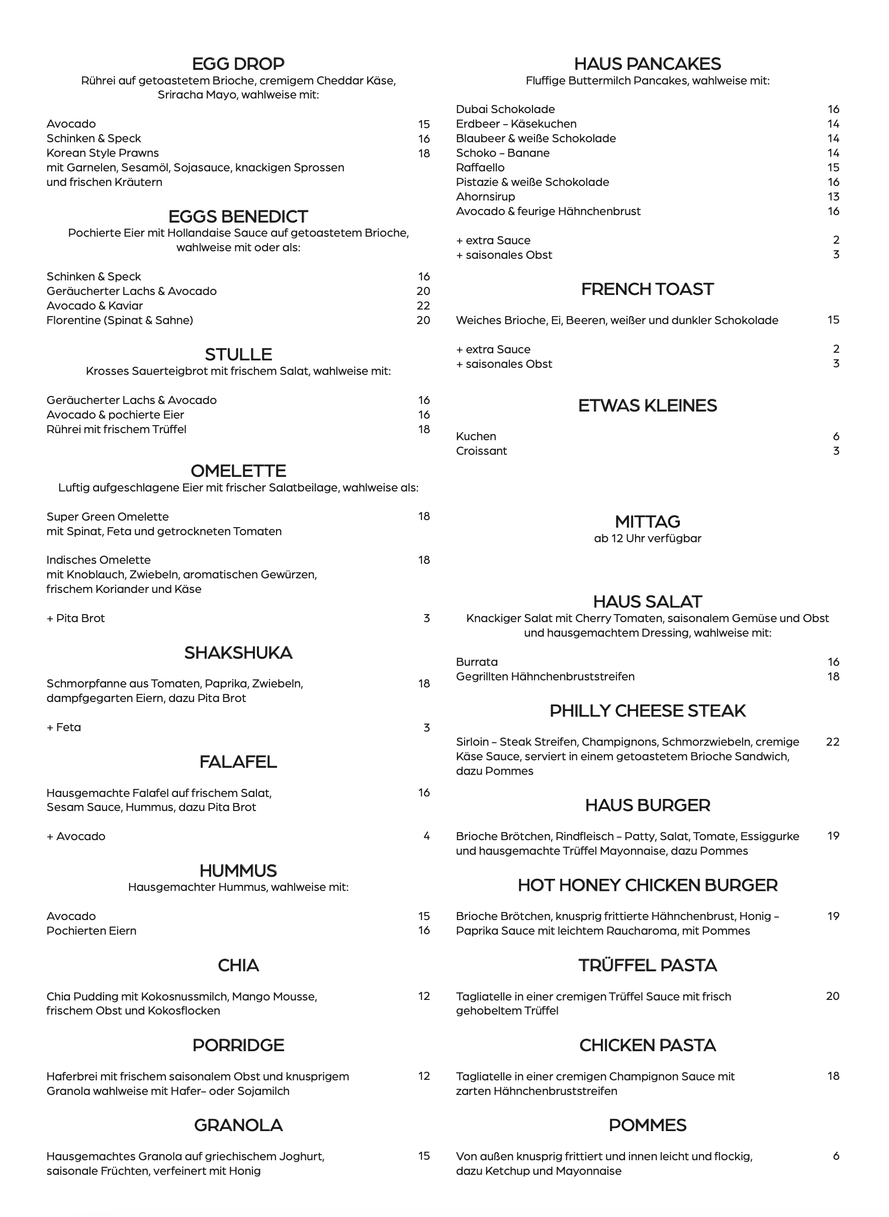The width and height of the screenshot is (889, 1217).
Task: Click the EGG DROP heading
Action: (238, 64)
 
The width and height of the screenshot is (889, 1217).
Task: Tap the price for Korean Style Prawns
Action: (424, 153)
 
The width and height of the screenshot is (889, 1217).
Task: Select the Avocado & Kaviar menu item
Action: (95, 306)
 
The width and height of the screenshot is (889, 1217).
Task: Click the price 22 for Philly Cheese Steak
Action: (833, 742)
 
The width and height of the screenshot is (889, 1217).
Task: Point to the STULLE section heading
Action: (238, 354)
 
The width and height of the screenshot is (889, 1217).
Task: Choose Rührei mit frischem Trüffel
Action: (116, 429)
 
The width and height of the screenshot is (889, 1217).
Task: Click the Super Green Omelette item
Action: (108, 516)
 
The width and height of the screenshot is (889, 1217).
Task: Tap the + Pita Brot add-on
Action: (75, 618)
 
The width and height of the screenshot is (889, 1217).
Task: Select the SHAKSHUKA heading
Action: (238, 652)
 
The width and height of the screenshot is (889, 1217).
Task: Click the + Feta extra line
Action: (63, 727)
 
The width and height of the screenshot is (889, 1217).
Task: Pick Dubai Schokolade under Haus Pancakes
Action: (505, 109)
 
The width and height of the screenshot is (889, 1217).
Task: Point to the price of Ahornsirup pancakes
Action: (834, 196)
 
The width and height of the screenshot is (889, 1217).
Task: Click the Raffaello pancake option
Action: (480, 167)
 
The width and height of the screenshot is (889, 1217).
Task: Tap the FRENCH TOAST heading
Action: (647, 289)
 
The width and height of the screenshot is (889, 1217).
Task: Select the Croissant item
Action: (481, 451)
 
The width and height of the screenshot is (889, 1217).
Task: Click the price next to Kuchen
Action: (836, 436)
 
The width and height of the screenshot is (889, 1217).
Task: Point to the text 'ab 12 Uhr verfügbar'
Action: (647, 538)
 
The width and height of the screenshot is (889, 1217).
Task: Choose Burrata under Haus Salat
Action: (477, 661)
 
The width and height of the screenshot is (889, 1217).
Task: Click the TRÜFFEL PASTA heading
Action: (647, 965)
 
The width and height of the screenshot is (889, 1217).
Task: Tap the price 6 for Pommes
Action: (836, 1156)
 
